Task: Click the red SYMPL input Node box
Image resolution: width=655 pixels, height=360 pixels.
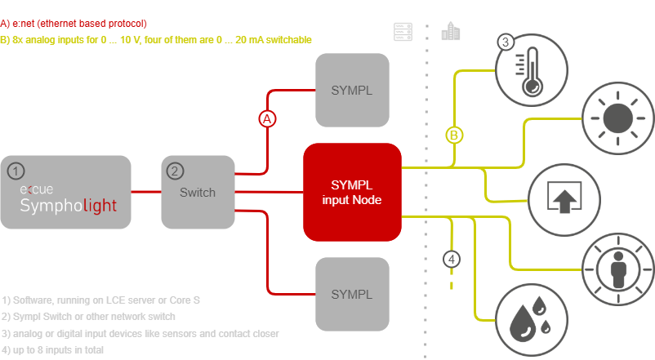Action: [x=352, y=193]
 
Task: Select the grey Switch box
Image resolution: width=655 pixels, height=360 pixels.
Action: [x=197, y=193]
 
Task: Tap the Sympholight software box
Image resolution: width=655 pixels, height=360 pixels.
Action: [x=67, y=192]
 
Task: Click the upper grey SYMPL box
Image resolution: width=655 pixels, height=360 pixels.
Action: [x=352, y=90]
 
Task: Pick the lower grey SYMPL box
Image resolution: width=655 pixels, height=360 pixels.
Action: [x=352, y=294]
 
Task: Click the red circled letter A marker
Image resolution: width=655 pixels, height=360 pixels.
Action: [x=267, y=119]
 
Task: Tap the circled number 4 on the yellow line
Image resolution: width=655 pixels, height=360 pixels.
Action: [x=452, y=260]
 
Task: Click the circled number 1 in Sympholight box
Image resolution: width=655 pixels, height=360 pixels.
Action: [x=16, y=171]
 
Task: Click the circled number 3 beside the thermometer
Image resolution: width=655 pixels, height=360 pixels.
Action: [x=506, y=42]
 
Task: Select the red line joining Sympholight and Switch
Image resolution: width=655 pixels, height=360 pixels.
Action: [x=146, y=193]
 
